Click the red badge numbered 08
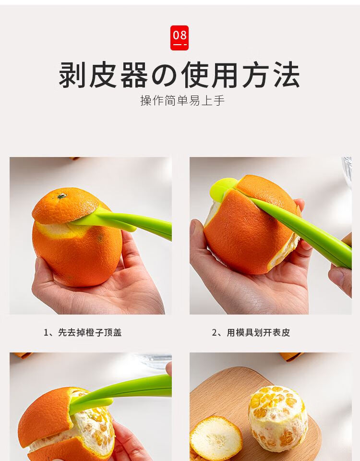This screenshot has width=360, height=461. coord(179,37)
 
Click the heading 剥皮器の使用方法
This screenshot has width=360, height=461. coord(179,75)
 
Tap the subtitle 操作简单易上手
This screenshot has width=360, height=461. coord(182,100)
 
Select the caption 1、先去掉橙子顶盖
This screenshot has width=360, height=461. coord(83,332)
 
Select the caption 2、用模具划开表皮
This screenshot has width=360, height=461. coord(251,332)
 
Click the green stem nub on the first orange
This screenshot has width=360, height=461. coord(62,196)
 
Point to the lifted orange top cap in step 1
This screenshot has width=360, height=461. coord(65,205)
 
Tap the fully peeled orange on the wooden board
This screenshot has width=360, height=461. coord(278,419)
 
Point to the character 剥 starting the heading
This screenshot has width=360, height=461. coord(72,75)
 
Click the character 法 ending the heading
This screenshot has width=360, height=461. coord(287,75)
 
